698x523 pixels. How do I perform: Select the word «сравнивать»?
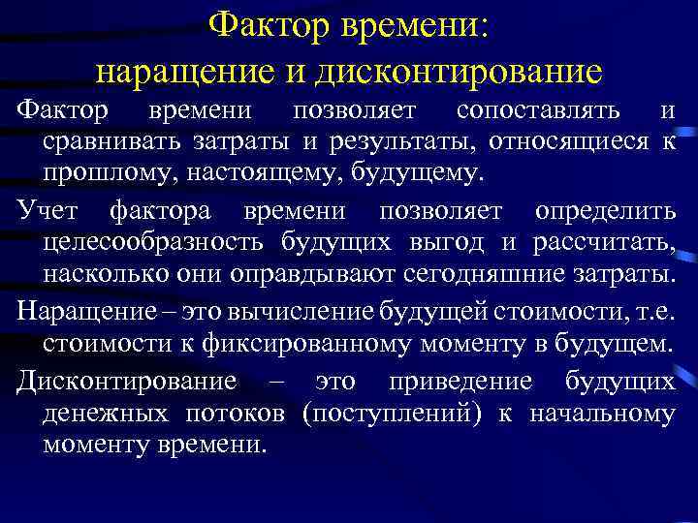tap(115, 142)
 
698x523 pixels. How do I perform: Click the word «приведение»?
tap(460, 381)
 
